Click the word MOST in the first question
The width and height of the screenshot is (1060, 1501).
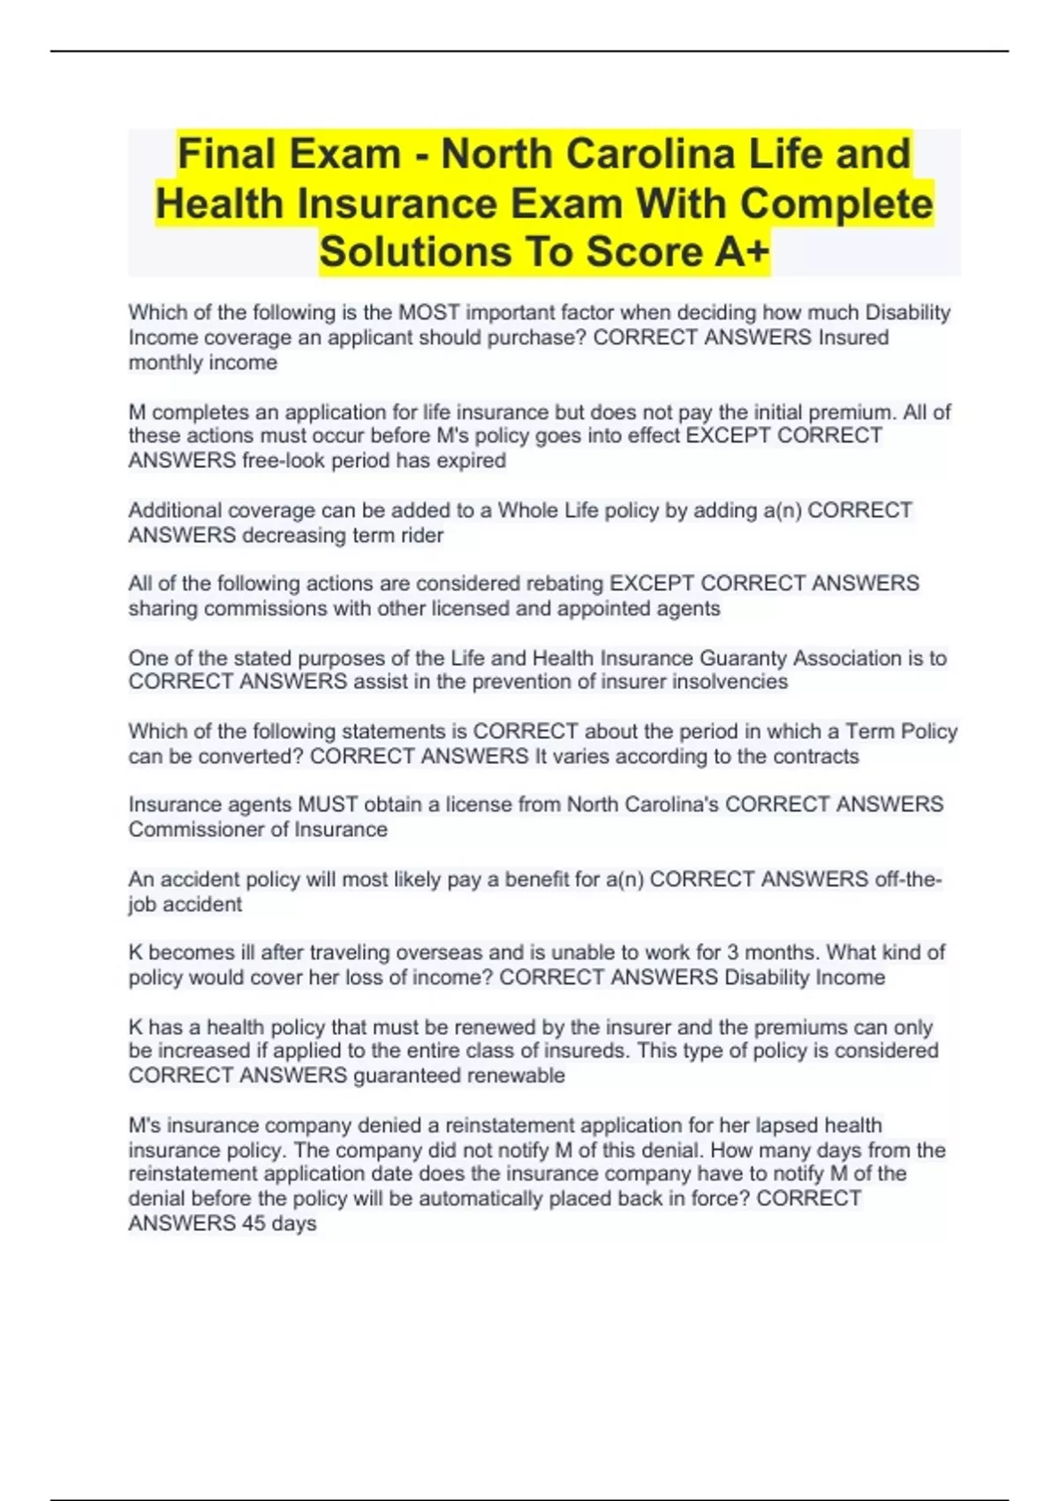(429, 313)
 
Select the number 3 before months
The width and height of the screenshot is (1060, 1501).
(732, 953)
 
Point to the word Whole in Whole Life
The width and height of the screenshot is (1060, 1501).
(527, 510)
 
